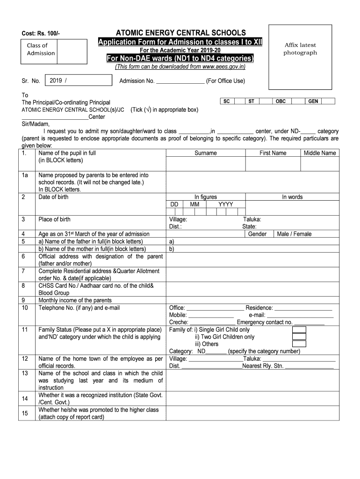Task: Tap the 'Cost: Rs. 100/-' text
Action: [x=41, y=34]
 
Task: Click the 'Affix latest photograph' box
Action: [x=300, y=49]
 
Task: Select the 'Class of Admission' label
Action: [x=41, y=50]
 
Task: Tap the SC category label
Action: [x=226, y=101]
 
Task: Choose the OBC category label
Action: [x=281, y=101]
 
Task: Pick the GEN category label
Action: [x=313, y=101]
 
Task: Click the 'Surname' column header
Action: [x=206, y=153]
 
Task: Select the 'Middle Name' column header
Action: [x=320, y=153]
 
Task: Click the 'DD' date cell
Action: [x=174, y=204]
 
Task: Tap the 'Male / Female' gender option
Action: [x=294, y=234]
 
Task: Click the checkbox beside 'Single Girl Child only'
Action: [x=299, y=330]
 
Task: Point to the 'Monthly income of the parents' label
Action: [x=75, y=300]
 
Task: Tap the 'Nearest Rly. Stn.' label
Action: [x=263, y=366]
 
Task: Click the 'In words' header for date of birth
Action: [x=292, y=197]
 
